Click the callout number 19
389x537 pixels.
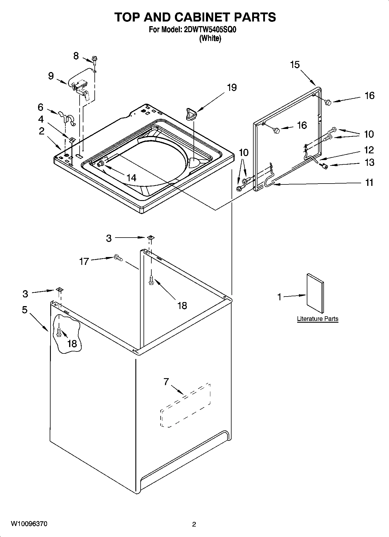click(232, 87)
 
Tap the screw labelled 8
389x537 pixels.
click(94, 59)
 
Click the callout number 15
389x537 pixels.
click(295, 64)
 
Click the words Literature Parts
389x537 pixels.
click(318, 319)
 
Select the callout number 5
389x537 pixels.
click(25, 310)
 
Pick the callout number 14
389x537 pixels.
click(131, 177)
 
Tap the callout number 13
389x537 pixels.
click(369, 162)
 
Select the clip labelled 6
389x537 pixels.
click(67, 117)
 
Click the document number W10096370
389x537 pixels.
click(29, 524)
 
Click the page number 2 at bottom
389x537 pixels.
click(194, 524)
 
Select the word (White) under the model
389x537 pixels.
click(210, 38)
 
